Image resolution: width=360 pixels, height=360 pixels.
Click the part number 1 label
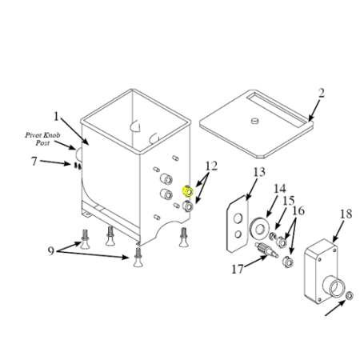click(x=56, y=117)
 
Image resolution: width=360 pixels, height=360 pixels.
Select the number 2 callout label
click(x=322, y=93)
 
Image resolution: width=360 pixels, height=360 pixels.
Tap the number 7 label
click(x=34, y=162)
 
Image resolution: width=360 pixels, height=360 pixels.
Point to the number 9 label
click(x=51, y=250)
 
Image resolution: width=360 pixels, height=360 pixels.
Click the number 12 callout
click(x=211, y=166)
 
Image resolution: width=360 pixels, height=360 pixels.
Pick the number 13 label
click(x=259, y=172)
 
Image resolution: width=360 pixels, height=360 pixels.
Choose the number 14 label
click(x=280, y=189)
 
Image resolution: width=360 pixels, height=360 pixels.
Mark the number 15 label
click(x=289, y=201)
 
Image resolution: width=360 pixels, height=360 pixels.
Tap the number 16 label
click(x=298, y=210)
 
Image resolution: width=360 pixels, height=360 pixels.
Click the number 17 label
click(x=238, y=269)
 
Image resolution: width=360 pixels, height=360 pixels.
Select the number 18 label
click(x=346, y=214)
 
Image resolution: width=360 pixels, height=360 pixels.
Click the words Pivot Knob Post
click(x=42, y=138)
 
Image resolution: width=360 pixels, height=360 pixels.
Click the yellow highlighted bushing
click(x=188, y=191)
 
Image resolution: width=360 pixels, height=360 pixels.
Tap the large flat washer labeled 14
click(x=258, y=228)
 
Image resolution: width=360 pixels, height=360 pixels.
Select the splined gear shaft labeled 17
click(x=266, y=250)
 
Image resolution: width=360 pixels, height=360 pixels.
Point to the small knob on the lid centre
click(x=255, y=121)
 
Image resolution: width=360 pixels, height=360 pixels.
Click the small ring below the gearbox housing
click(x=350, y=295)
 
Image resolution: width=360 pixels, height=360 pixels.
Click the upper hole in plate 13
click(x=238, y=218)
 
